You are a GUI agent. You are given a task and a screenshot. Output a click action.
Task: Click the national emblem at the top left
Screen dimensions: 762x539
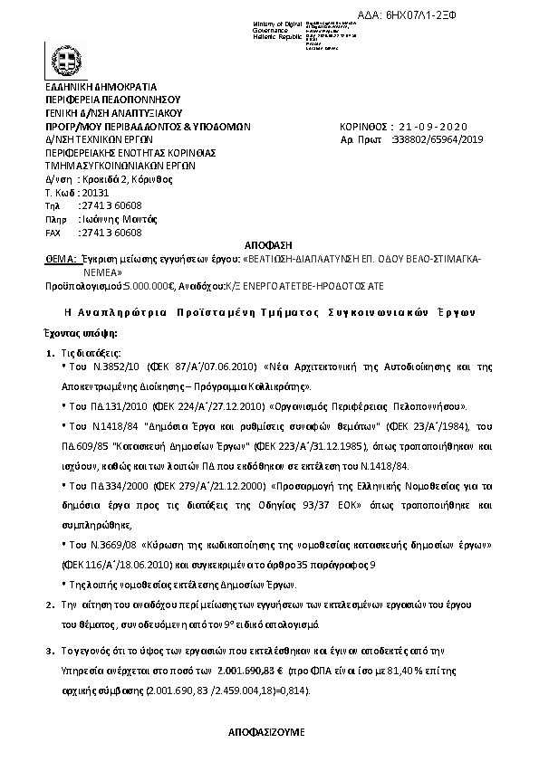[64, 63]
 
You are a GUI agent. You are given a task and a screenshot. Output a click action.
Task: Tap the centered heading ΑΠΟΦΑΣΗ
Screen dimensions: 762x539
[270, 245]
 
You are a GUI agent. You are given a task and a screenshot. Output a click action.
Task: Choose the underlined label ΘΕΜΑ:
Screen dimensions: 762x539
[60, 258]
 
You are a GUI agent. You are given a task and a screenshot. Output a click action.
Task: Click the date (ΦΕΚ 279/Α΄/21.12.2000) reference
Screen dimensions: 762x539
[201, 487]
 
